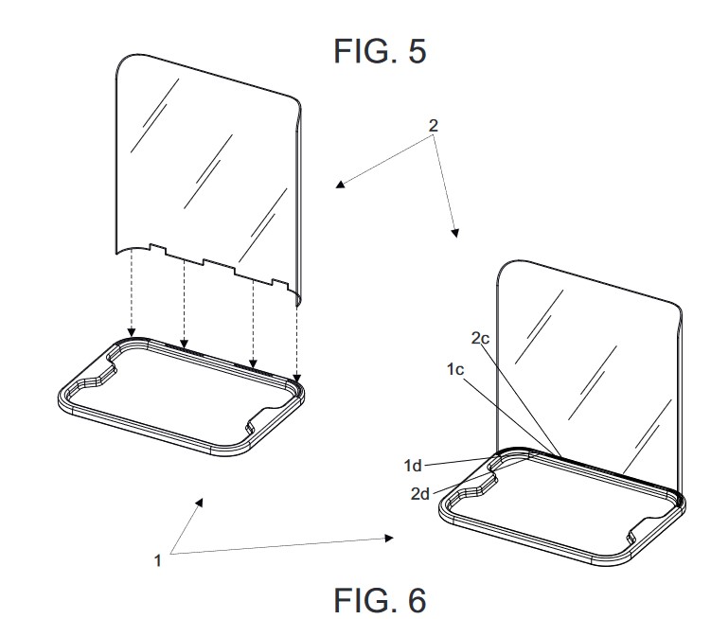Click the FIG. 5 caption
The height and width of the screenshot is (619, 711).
[380, 51]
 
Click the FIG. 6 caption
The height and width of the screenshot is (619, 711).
[380, 600]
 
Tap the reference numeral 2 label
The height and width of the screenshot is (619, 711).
[434, 126]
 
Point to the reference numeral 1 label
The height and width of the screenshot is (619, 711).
[158, 561]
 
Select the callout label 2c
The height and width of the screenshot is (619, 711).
[480, 338]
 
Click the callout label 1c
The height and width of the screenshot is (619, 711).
[455, 369]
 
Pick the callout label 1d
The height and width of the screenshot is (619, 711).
[413, 466]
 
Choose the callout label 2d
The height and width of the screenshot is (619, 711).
[420, 494]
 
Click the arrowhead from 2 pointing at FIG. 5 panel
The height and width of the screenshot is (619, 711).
[341, 185]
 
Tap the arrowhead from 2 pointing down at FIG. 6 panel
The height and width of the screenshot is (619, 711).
[455, 233]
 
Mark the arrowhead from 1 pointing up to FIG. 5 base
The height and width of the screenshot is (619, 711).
[199, 502]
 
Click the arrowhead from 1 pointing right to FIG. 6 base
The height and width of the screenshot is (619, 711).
[389, 538]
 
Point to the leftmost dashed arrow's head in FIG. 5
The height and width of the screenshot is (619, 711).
[132, 333]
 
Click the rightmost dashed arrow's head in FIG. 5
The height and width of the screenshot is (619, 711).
[296, 378]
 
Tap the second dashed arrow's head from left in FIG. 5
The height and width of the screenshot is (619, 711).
[184, 344]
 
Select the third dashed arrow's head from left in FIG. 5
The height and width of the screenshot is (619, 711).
[253, 363]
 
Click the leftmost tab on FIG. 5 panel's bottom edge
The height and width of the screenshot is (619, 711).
[157, 249]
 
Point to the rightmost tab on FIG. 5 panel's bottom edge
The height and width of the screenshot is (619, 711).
[280, 283]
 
